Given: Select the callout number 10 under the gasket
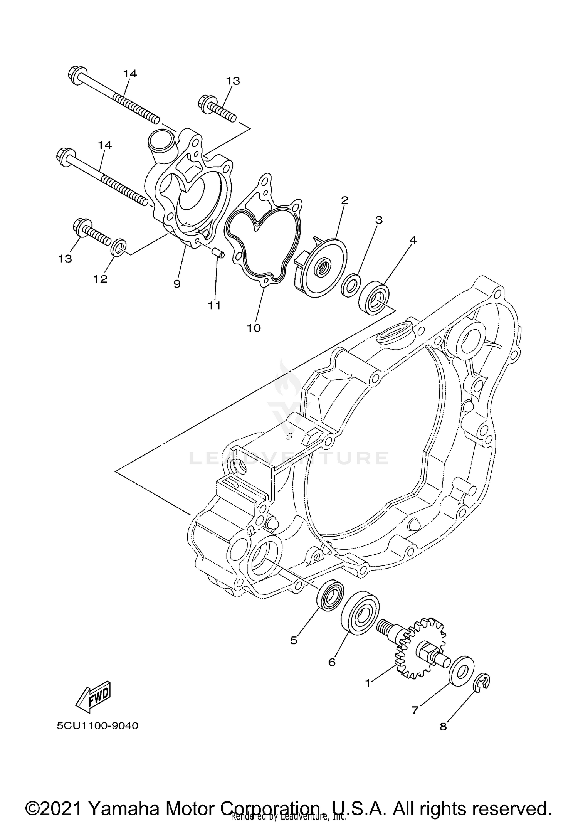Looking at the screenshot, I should click(254, 328).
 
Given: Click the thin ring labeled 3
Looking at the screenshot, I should click(351, 286).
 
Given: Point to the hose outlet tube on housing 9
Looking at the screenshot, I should click(161, 145).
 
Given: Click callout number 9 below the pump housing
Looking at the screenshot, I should click(177, 284).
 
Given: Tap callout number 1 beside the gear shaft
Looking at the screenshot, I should click(368, 683).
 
